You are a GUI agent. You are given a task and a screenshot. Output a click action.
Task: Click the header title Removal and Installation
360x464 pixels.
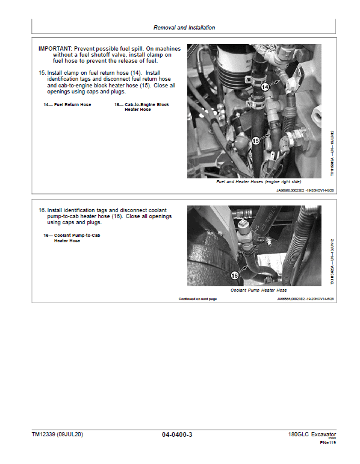pyautogui.click(x=184, y=28)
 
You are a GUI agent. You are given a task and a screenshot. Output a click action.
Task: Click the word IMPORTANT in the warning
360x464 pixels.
pyautogui.click(x=54, y=48)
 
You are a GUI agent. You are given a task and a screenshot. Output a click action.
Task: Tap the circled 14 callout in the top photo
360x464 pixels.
pyautogui.click(x=265, y=87)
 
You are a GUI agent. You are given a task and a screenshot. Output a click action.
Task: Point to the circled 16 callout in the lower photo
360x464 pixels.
pyautogui.click(x=235, y=275)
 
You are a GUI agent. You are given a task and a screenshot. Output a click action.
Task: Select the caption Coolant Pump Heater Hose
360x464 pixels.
pyautogui.click(x=258, y=290)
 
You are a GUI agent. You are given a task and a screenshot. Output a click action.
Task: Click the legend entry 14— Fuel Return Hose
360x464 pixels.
pyautogui.click(x=67, y=105)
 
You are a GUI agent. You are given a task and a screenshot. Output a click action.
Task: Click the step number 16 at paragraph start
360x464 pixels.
pyautogui.click(x=42, y=210)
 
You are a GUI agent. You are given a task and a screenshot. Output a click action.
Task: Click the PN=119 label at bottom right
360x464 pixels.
pyautogui.click(x=327, y=444)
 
